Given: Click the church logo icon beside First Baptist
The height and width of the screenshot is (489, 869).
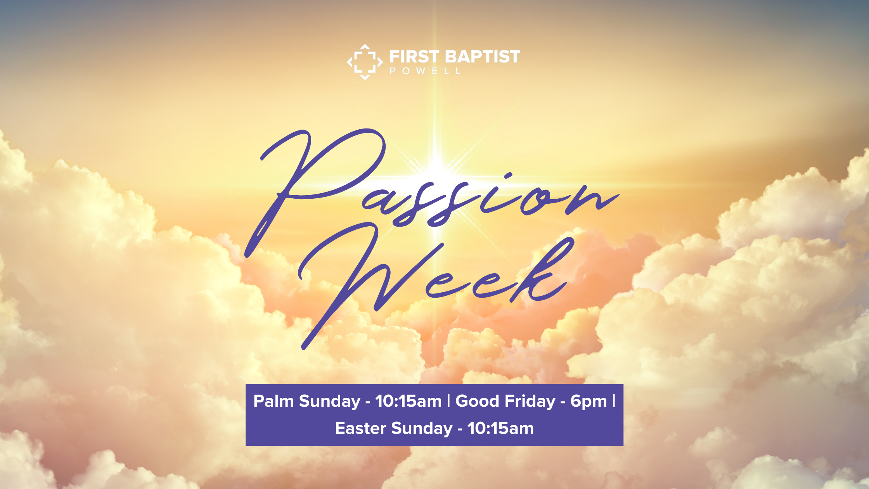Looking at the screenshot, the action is click(365, 62).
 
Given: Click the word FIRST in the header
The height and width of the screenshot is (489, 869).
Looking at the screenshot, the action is click(414, 57).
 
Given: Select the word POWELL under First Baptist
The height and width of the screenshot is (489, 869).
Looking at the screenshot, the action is click(425, 71).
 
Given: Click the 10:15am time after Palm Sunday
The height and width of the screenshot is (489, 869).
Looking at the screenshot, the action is click(409, 401).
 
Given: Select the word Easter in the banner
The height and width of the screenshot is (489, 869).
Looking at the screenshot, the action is click(360, 428).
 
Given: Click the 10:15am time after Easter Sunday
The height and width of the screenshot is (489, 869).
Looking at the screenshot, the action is click(500, 428).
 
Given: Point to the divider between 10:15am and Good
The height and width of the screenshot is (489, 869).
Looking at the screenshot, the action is click(448, 401).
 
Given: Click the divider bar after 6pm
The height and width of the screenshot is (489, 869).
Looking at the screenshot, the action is click(614, 401).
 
